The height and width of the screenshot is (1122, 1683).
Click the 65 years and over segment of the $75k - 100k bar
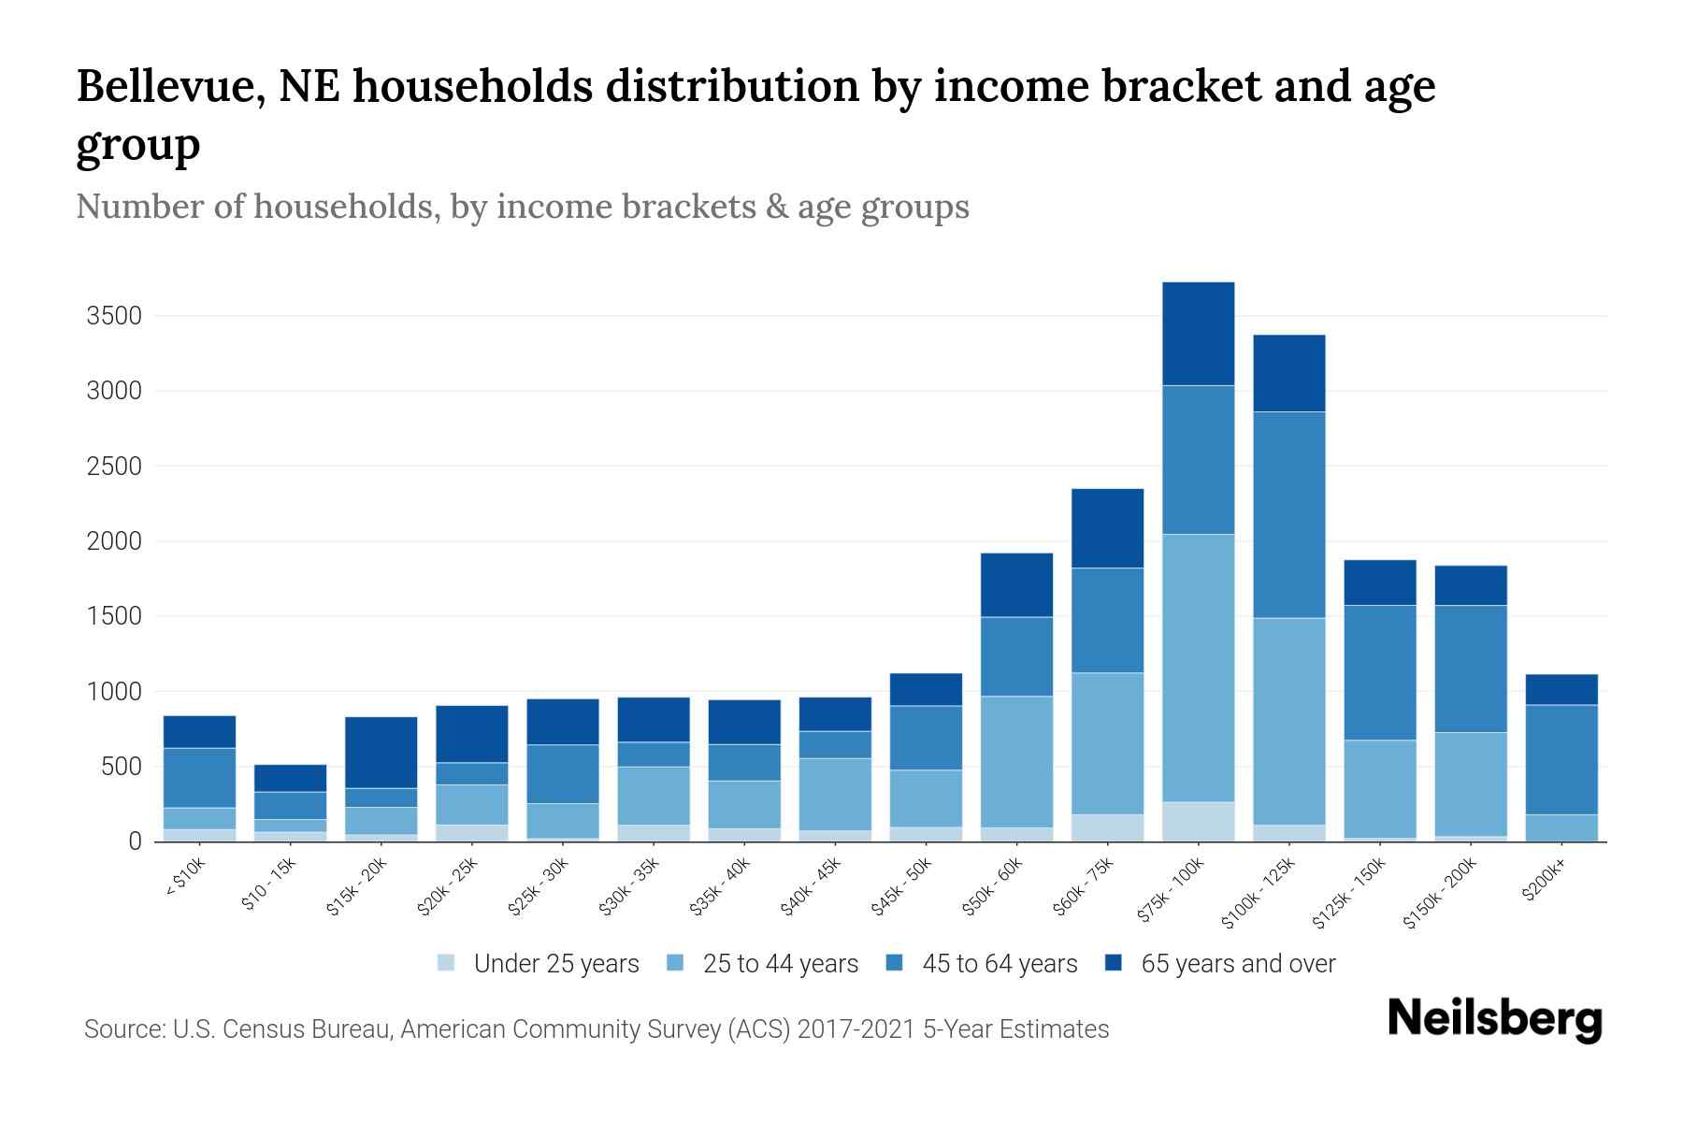pos(1198,334)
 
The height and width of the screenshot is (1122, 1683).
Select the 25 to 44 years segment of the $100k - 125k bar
pos(1288,721)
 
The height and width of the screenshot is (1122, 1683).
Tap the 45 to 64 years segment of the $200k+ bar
pos(1561,759)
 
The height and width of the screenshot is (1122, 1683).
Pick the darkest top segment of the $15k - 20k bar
pos(381,752)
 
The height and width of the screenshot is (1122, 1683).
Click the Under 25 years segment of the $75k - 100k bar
pos(1198,821)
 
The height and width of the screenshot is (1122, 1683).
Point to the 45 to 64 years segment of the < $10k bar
pos(199,777)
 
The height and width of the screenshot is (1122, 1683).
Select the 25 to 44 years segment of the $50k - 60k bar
pos(1016,761)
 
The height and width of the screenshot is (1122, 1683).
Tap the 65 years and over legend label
pos(1237,964)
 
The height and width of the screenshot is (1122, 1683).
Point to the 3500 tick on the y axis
pos(114,316)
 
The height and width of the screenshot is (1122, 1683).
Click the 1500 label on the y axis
pos(114,616)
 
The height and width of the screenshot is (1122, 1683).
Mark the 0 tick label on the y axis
pos(135,841)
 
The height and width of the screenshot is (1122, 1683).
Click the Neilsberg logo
pos(1495,1019)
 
